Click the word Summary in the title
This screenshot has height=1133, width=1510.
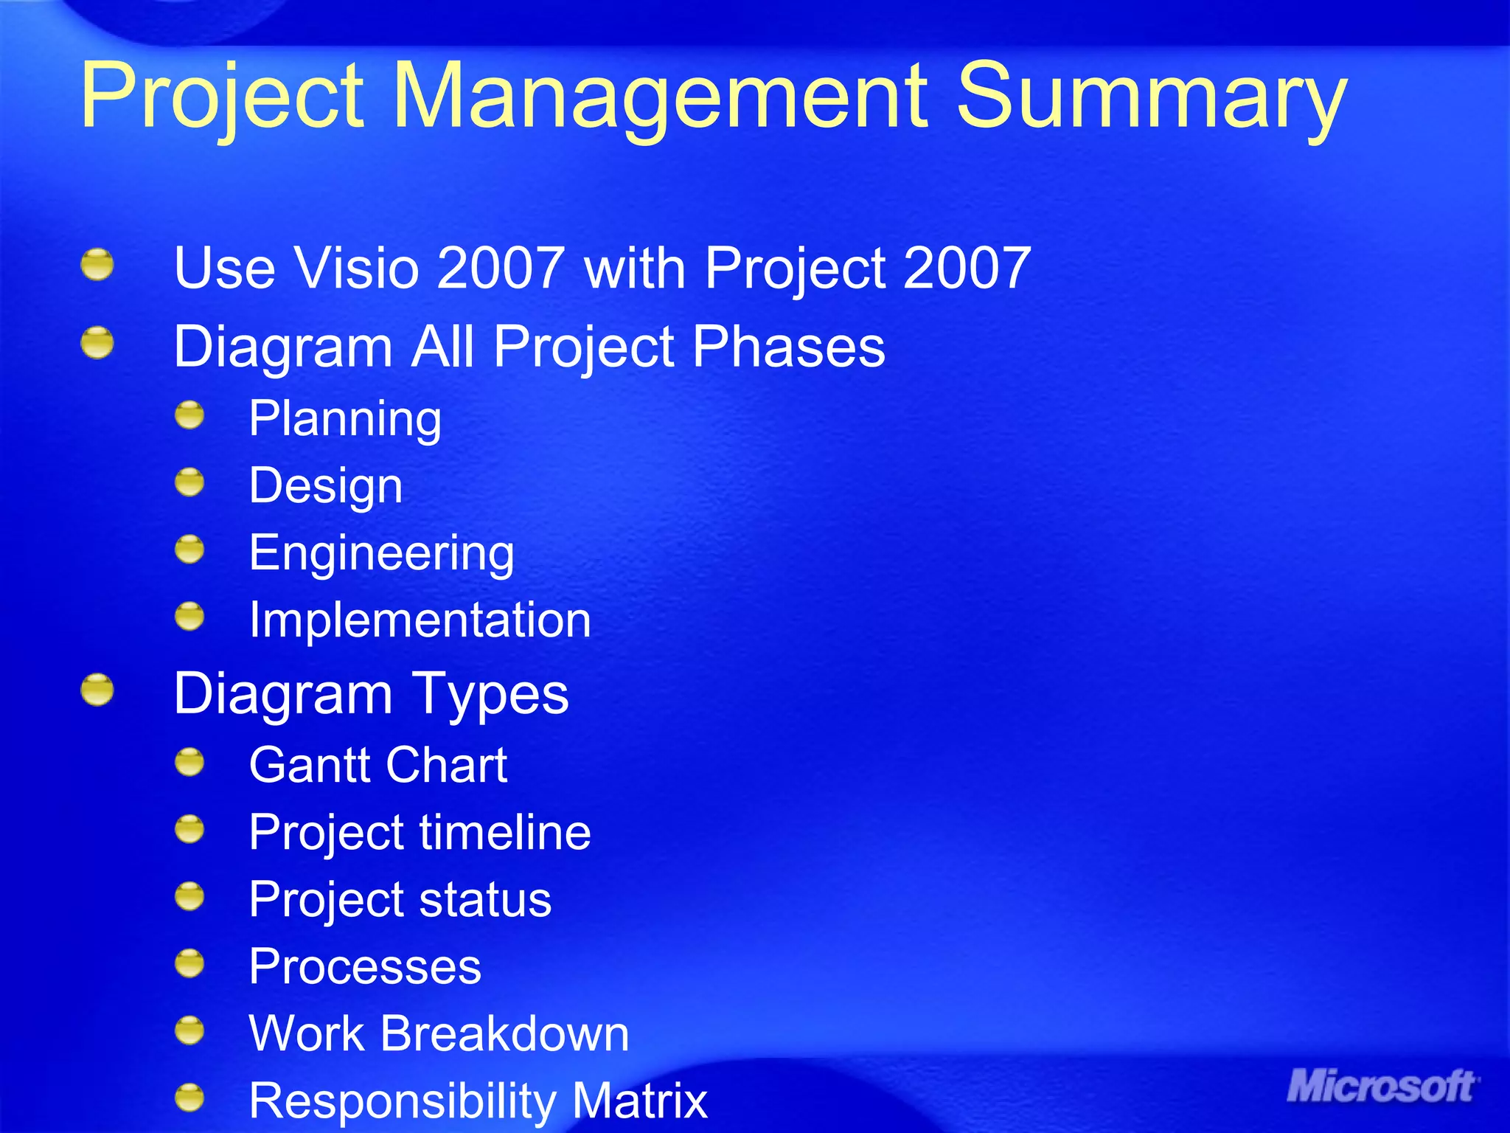[x=1150, y=96]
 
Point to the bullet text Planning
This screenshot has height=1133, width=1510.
[x=345, y=419]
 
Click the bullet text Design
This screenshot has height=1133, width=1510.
[x=325, y=486]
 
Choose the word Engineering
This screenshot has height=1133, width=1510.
[x=381, y=553]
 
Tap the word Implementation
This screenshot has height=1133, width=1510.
[x=420, y=620]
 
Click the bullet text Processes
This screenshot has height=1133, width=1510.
[x=365, y=966]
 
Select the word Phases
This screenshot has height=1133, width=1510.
[x=788, y=347]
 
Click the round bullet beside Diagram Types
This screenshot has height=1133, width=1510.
[x=97, y=690]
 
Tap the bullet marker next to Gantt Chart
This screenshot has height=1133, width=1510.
[x=189, y=762]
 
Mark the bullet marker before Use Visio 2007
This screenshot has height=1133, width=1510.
[x=97, y=265]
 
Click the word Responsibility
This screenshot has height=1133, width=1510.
[x=403, y=1101]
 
